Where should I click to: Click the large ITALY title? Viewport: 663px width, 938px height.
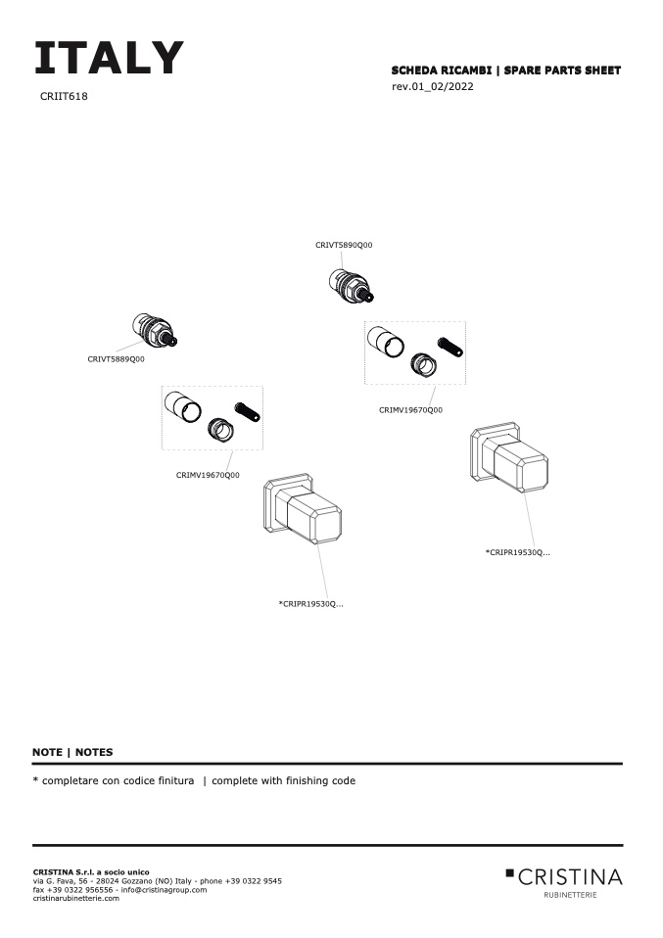(108, 59)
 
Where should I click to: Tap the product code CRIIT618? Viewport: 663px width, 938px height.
(65, 97)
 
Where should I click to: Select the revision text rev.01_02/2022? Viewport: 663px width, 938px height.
(433, 87)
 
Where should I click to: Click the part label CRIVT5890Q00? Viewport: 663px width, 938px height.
(344, 245)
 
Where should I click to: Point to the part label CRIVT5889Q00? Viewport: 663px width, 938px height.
(116, 359)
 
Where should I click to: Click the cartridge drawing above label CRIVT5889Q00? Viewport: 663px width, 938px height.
(155, 330)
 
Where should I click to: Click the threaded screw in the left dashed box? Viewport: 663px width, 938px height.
(246, 411)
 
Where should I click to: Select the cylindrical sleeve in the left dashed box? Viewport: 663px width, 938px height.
(182, 406)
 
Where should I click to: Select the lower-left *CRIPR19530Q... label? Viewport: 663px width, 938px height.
(310, 604)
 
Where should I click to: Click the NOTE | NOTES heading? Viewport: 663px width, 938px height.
(72, 752)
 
